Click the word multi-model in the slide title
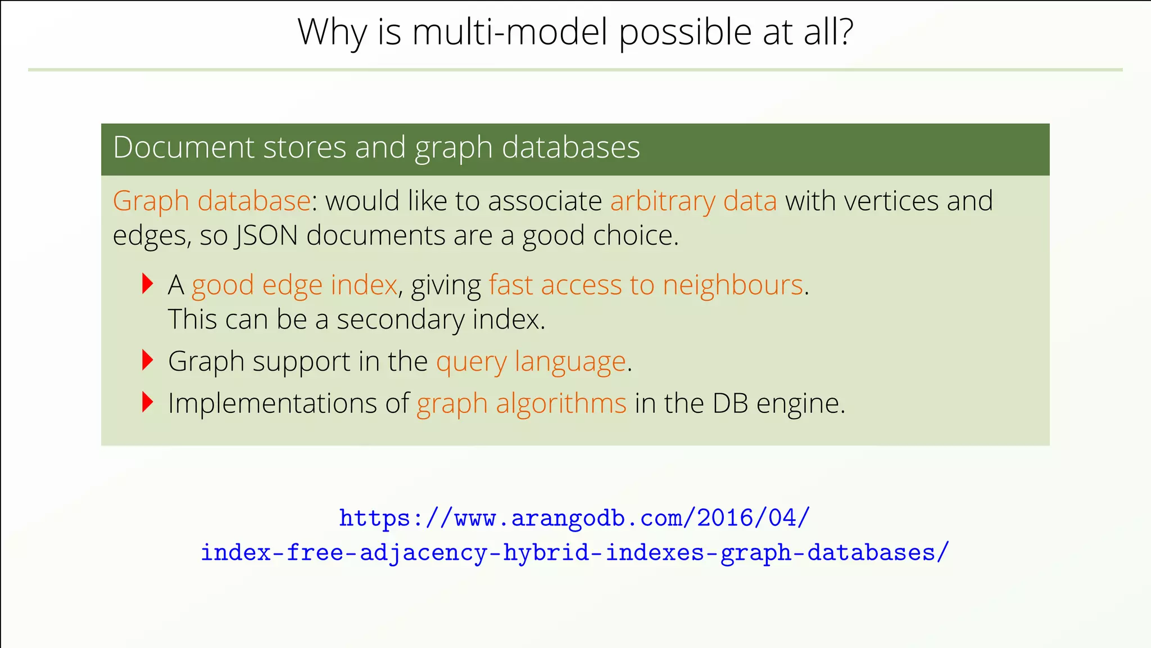coord(510,32)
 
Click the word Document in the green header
coord(184,147)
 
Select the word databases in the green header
coord(570,147)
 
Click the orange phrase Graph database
coord(211,201)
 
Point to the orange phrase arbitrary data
coord(694,201)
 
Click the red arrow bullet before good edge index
coord(147,283)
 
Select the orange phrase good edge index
coord(294,285)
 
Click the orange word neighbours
coord(733,285)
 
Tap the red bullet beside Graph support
coord(147,360)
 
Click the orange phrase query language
coord(531,361)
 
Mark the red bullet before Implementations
coord(147,402)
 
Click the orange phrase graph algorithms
coord(522,403)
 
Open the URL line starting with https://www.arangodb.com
coord(574,517)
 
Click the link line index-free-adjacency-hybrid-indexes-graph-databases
coord(574,552)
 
